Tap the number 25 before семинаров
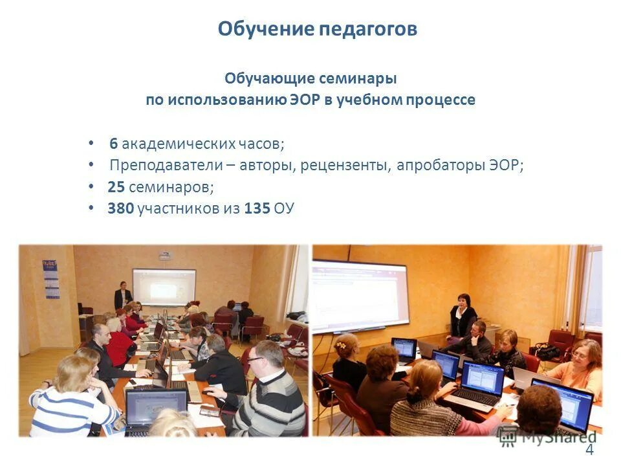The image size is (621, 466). pos(116,188)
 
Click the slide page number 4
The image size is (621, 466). pos(589,451)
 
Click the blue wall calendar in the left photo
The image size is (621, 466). pos(50,278)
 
